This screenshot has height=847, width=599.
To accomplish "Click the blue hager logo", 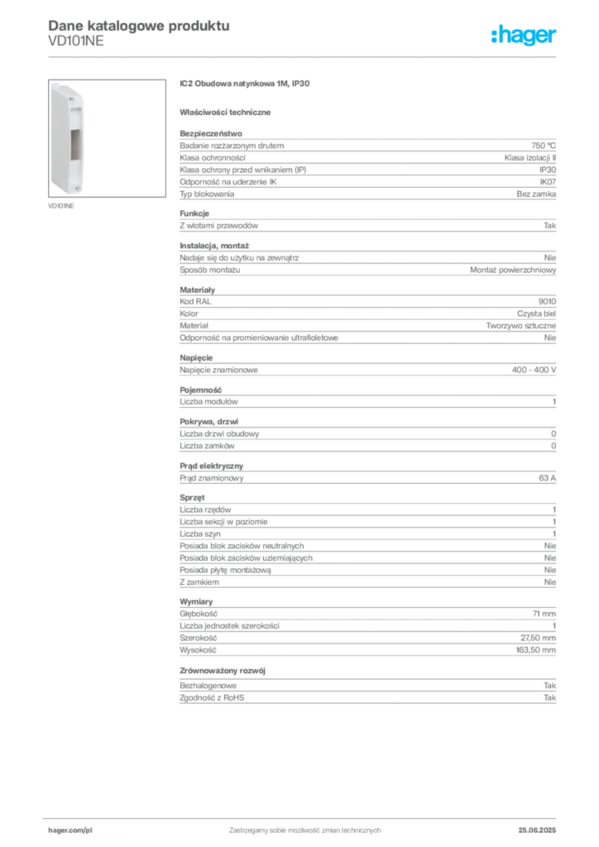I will [525, 36].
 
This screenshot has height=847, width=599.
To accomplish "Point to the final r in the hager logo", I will [555, 38].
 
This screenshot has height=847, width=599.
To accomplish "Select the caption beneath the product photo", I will [64, 207].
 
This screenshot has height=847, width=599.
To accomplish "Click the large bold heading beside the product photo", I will [245, 83].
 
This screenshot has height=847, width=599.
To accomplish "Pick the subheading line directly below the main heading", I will [228, 111].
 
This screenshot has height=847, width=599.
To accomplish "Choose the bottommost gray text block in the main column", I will [367, 696].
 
